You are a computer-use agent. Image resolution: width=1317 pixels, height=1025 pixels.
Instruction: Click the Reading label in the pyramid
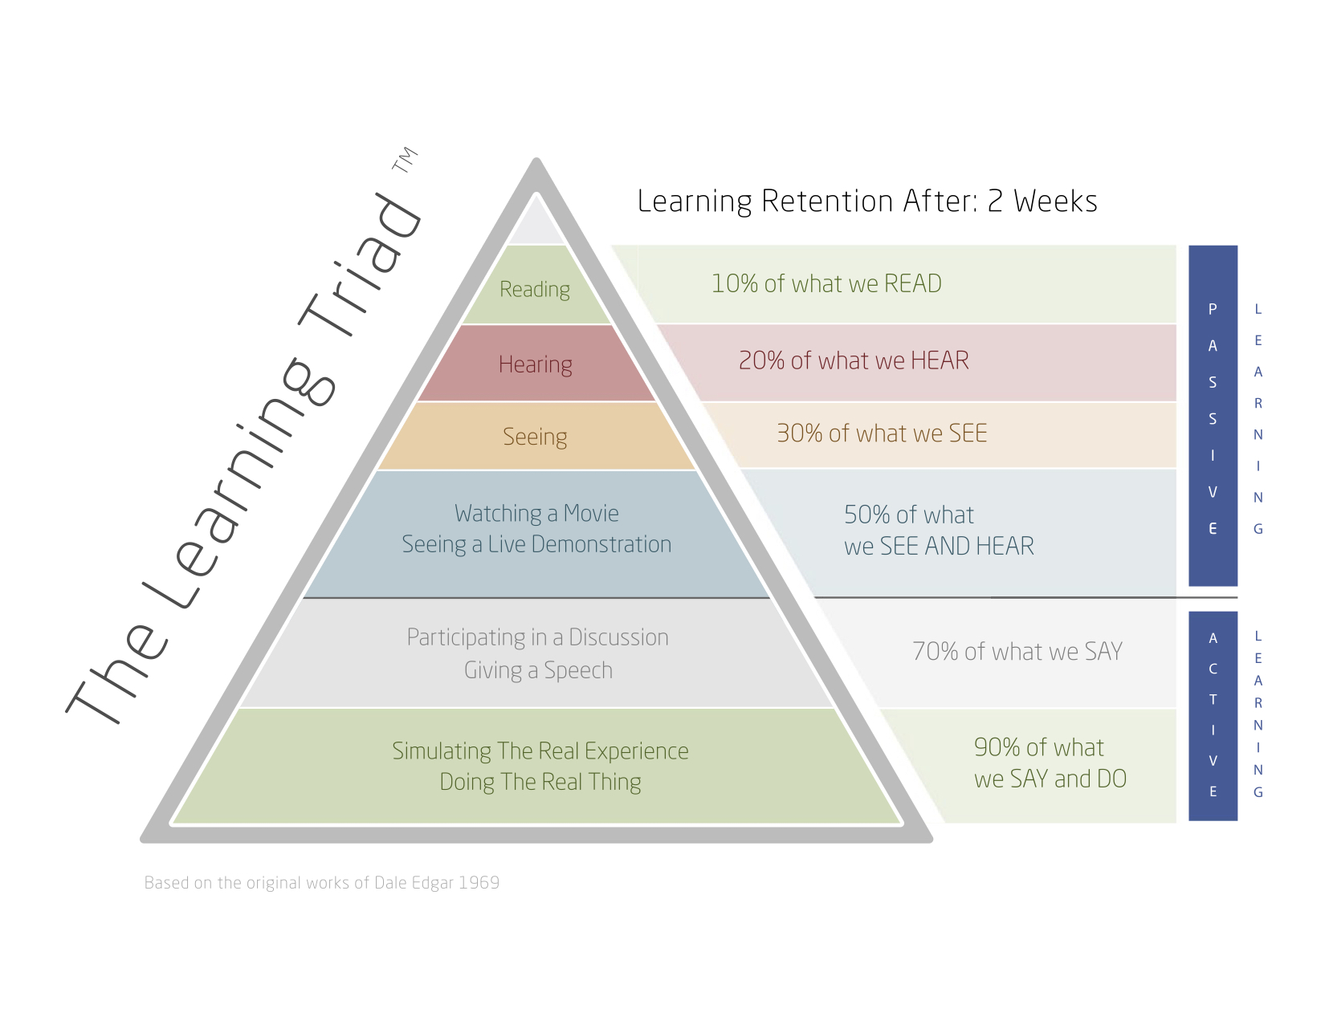point(534,290)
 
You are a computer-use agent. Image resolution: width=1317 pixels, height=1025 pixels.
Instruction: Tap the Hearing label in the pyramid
point(535,364)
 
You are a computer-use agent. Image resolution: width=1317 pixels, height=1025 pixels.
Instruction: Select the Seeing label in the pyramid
point(535,437)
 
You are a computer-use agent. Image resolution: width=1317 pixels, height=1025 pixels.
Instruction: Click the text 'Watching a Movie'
point(536,513)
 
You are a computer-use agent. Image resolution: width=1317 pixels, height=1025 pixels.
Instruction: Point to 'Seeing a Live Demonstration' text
point(536,544)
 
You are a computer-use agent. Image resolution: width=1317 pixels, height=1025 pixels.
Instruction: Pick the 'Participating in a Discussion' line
point(537,637)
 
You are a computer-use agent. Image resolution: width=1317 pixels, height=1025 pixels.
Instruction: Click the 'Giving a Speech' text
point(538,670)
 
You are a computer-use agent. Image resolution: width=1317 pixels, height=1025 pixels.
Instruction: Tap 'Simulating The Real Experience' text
point(540,750)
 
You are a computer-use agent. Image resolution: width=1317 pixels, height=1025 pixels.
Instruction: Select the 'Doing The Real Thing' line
point(540,782)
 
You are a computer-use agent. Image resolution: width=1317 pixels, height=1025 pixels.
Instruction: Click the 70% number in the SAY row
point(936,651)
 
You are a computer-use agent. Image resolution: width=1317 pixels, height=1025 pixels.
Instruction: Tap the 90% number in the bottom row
point(997,747)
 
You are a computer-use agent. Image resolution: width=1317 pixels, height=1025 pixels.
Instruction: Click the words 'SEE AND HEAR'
point(956,546)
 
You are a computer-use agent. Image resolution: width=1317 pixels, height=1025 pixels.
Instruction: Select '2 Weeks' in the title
point(1042,201)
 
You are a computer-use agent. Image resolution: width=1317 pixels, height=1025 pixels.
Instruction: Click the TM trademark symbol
point(405,159)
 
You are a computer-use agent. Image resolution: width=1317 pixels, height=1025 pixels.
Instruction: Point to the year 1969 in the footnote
point(479,882)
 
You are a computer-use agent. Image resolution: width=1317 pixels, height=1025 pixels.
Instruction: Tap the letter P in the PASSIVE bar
point(1212,309)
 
